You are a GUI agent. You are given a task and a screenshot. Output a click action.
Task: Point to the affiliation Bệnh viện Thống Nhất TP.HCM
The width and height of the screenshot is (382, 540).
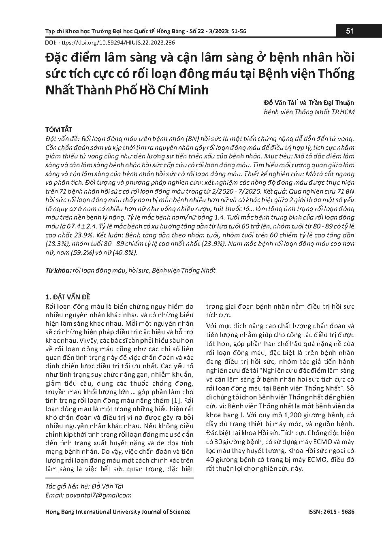point(309,112)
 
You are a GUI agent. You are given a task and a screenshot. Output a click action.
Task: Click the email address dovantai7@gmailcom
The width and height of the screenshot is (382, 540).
point(106,495)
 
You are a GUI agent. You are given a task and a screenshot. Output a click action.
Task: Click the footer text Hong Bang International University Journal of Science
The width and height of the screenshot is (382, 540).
point(117,512)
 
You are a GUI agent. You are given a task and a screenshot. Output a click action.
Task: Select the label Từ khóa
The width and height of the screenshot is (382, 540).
point(58,270)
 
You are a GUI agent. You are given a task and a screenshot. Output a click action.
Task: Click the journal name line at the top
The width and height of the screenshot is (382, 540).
point(145,31)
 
